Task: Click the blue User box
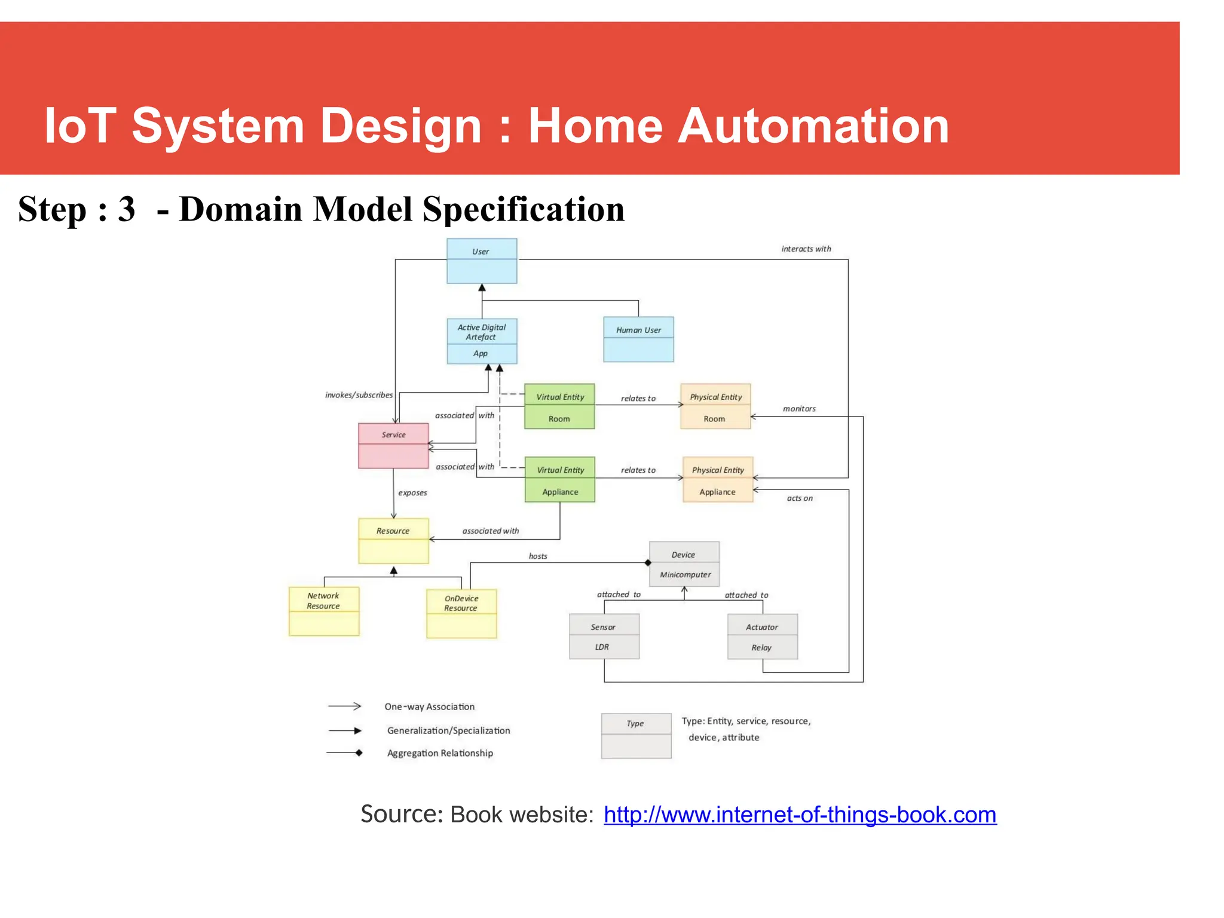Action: point(482,261)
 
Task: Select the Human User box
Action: point(638,339)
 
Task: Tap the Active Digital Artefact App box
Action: point(482,341)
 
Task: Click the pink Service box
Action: point(393,446)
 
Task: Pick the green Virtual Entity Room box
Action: point(559,406)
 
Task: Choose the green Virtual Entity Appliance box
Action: point(560,480)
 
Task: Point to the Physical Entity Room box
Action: point(715,406)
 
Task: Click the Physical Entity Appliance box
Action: point(718,480)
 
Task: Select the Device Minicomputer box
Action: point(684,564)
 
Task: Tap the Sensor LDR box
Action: point(604,637)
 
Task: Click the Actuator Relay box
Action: point(762,637)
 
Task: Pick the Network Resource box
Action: point(324,611)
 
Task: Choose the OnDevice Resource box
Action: point(461,614)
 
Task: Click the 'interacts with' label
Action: point(806,249)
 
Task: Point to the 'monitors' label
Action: point(799,409)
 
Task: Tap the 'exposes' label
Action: point(412,493)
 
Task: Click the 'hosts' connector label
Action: point(538,556)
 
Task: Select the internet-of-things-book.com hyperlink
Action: point(800,815)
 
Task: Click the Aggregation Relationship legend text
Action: point(440,753)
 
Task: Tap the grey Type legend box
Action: point(636,736)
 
